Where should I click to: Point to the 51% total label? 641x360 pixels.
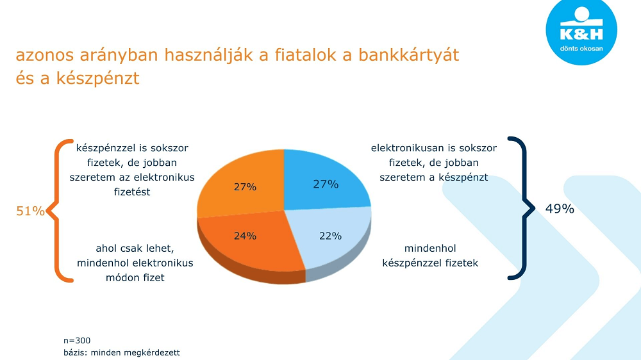pyautogui.click(x=30, y=211)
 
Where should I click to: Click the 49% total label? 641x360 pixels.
pyautogui.click(x=560, y=209)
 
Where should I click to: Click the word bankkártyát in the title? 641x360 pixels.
pyautogui.click(x=409, y=55)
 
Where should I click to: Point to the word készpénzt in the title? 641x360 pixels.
pyautogui.click(x=97, y=78)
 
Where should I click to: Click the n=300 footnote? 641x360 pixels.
pyautogui.click(x=77, y=340)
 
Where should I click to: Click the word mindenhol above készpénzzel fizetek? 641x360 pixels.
pyautogui.click(x=430, y=248)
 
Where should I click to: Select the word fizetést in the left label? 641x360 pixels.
pyautogui.click(x=132, y=192)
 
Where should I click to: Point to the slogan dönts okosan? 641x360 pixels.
pyautogui.click(x=581, y=48)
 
